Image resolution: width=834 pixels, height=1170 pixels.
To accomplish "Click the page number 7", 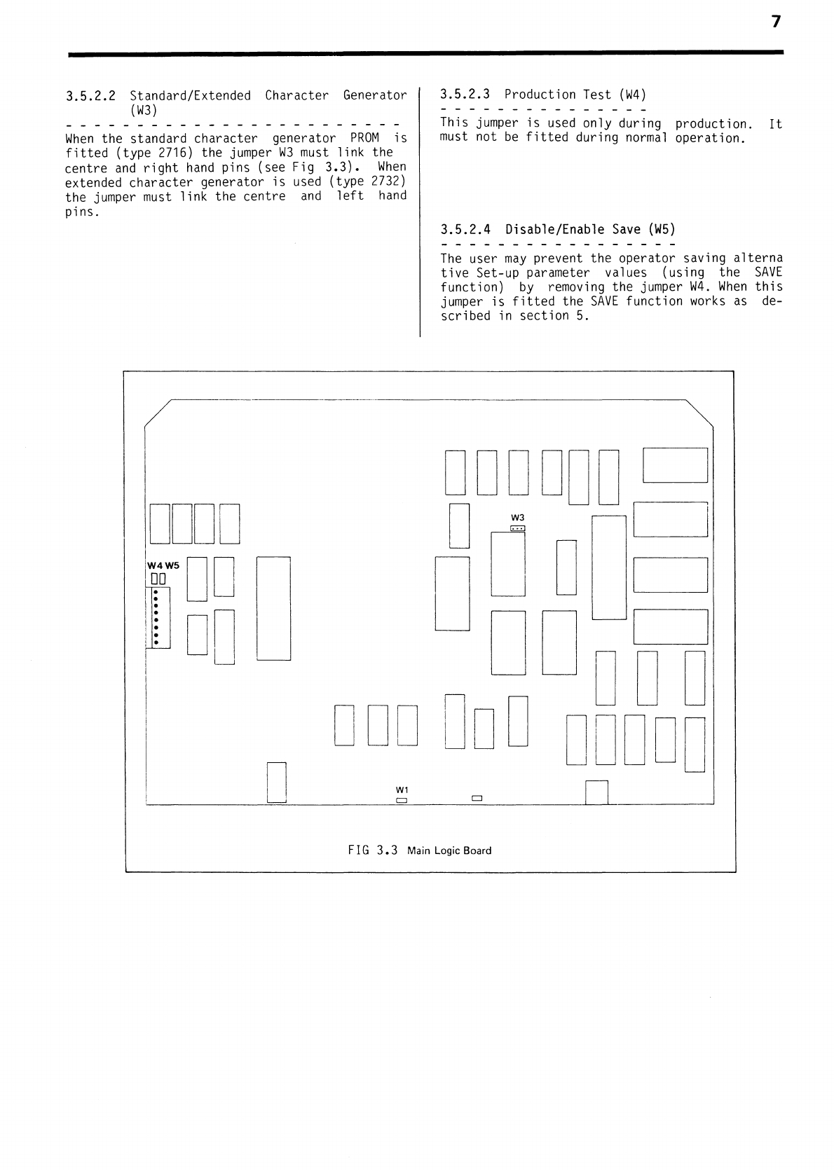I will point(775,22).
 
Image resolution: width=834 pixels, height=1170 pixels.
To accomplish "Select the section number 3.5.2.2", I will point(90,95).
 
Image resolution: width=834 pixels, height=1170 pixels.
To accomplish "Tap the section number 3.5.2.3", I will point(465,95).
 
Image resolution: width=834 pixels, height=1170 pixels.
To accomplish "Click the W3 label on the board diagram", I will point(518,518).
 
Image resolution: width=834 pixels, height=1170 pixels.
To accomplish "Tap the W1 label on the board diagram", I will point(402,790).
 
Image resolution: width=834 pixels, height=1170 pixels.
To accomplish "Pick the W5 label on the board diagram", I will point(172,565).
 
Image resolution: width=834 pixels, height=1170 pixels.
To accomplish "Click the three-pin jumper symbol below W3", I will point(518,528).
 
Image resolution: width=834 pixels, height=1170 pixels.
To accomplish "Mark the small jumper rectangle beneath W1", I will point(402,799).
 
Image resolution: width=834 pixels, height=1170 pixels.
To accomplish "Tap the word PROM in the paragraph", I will point(364,138).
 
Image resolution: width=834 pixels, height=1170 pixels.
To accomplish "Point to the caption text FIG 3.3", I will point(373,851).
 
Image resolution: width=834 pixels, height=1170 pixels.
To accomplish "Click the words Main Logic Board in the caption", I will point(449,851).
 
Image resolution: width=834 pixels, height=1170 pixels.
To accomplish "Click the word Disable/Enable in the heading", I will point(554,229).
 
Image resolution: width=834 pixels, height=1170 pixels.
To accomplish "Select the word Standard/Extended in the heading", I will point(190,95).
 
